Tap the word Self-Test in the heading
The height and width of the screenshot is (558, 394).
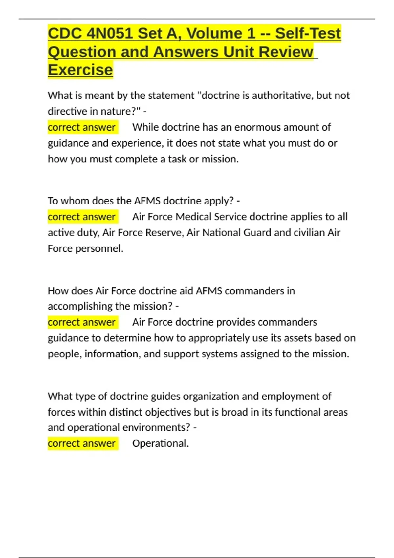308,33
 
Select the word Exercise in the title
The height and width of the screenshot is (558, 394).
80,70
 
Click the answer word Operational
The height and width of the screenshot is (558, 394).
160,444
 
